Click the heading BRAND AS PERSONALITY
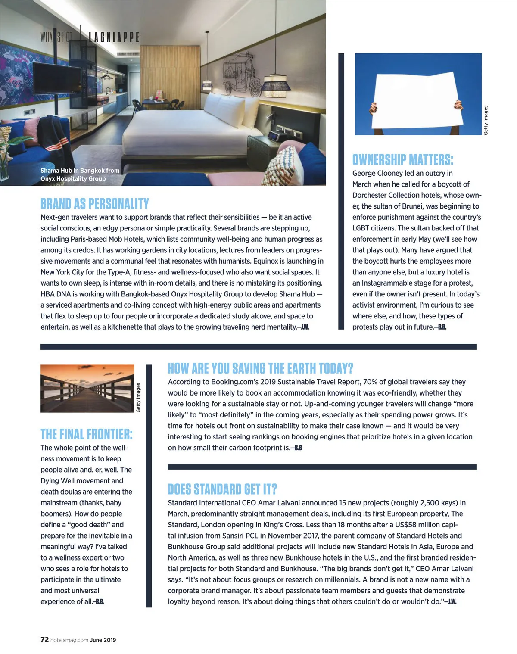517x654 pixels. [95, 203]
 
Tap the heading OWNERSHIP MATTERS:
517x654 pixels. [403, 159]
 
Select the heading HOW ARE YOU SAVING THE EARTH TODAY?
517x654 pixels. [260, 368]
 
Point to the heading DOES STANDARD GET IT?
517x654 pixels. [222, 489]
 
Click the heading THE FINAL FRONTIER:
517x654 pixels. [87, 434]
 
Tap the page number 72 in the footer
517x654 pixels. [44, 639]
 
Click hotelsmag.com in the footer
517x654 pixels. [69, 640]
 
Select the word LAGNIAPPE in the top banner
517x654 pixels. [114, 37]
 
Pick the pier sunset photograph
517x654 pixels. [87, 388]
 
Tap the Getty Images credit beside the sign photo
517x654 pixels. [486, 120]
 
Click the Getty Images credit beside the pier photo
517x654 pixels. [138, 397]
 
